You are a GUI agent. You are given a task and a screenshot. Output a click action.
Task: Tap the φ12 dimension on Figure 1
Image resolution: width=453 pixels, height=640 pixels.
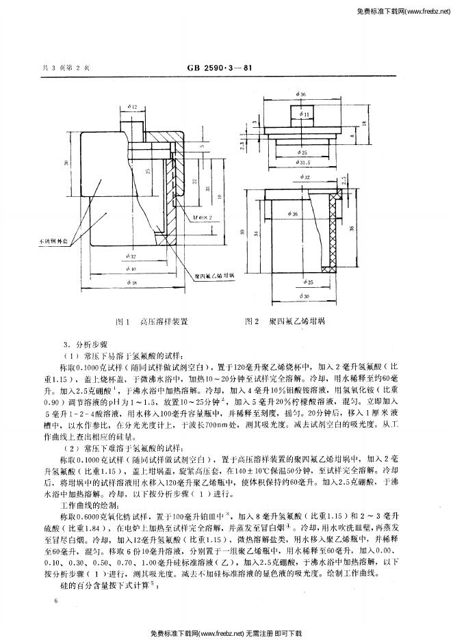click(132, 107)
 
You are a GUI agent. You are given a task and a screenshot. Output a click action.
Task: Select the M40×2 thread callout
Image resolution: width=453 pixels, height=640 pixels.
click(202, 216)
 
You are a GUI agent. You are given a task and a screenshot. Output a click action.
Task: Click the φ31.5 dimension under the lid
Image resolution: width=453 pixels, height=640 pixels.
click(303, 162)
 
